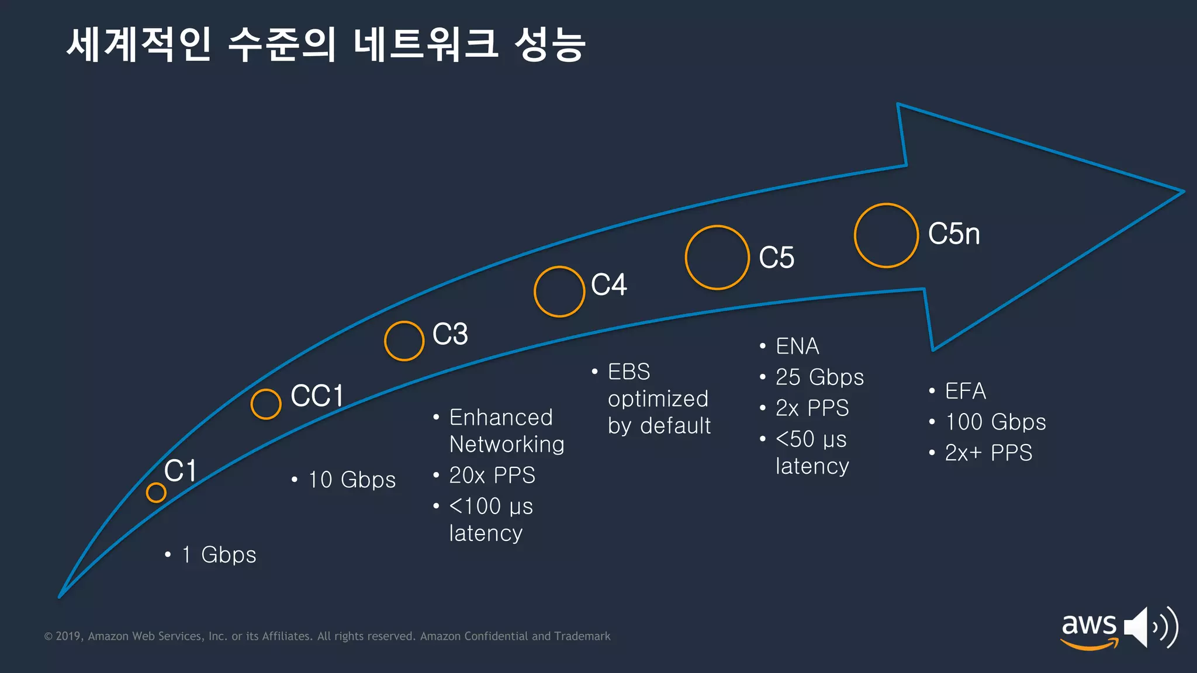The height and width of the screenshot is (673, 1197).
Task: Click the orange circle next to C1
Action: pyautogui.click(x=156, y=492)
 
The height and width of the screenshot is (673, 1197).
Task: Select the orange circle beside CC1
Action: pyautogui.click(x=266, y=404)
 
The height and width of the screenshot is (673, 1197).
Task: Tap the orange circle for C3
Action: pyautogui.click(x=404, y=341)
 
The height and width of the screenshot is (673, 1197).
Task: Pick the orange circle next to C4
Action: pyautogui.click(x=559, y=292)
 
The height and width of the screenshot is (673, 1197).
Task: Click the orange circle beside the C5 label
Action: pyautogui.click(x=717, y=258)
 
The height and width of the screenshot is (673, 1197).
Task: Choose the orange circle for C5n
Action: pyautogui.click(x=886, y=235)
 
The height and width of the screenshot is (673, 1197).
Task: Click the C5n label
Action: pyautogui.click(x=954, y=234)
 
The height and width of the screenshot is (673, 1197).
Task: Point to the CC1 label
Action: pyautogui.click(x=317, y=396)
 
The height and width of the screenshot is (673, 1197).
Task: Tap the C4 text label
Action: pyautogui.click(x=608, y=285)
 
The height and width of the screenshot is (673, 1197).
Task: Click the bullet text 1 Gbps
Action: pyautogui.click(x=219, y=555)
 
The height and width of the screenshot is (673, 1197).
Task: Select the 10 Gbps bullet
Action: pyautogui.click(x=352, y=480)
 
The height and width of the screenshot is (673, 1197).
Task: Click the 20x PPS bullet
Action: pyautogui.click(x=492, y=476)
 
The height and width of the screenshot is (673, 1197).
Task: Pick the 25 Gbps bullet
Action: pyautogui.click(x=819, y=377)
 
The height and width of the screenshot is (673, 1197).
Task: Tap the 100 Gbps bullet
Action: pyautogui.click(x=995, y=422)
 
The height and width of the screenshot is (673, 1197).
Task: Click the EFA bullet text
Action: pyautogui.click(x=966, y=391)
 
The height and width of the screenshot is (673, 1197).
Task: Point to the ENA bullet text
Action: pyautogui.click(x=797, y=346)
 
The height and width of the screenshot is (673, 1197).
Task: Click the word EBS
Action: pyautogui.click(x=629, y=372)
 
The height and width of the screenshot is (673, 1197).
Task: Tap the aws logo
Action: pyautogui.click(x=1089, y=630)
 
